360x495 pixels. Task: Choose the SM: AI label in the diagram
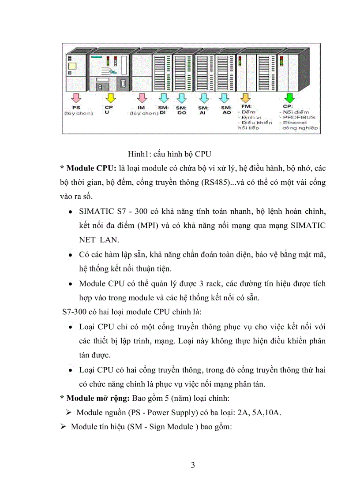point(203,110)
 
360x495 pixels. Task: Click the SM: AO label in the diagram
point(226,110)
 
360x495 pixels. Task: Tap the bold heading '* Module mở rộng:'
point(94,398)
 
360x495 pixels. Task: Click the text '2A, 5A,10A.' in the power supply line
point(261,413)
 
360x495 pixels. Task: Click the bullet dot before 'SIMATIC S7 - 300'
point(71,212)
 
